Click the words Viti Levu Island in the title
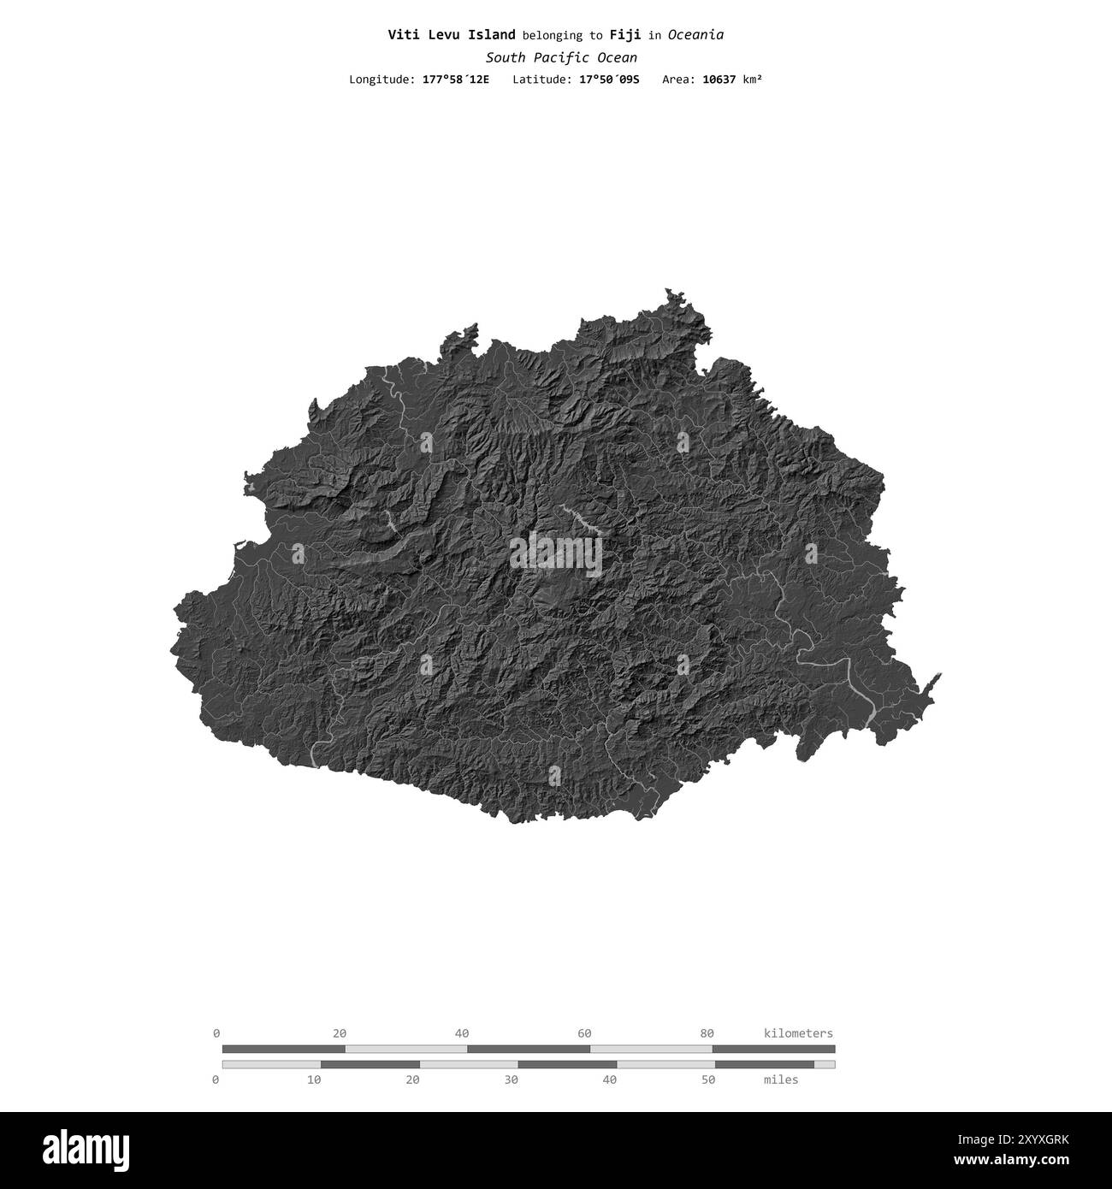tap(452, 35)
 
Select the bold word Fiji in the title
tap(625, 35)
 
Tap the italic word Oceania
tap(695, 35)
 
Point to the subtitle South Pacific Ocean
tap(561, 57)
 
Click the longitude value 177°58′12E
tap(456, 80)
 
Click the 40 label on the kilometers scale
tap(462, 1032)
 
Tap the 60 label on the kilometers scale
tap(584, 1032)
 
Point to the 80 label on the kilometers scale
tap(707, 1032)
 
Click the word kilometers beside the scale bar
tap(798, 1032)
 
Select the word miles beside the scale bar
tap(781, 1080)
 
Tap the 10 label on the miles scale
tap(314, 1080)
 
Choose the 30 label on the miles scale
tap(512, 1080)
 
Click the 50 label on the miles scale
tap(708, 1080)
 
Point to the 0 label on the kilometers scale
tap(216, 1032)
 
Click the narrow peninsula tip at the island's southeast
tap(938, 677)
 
